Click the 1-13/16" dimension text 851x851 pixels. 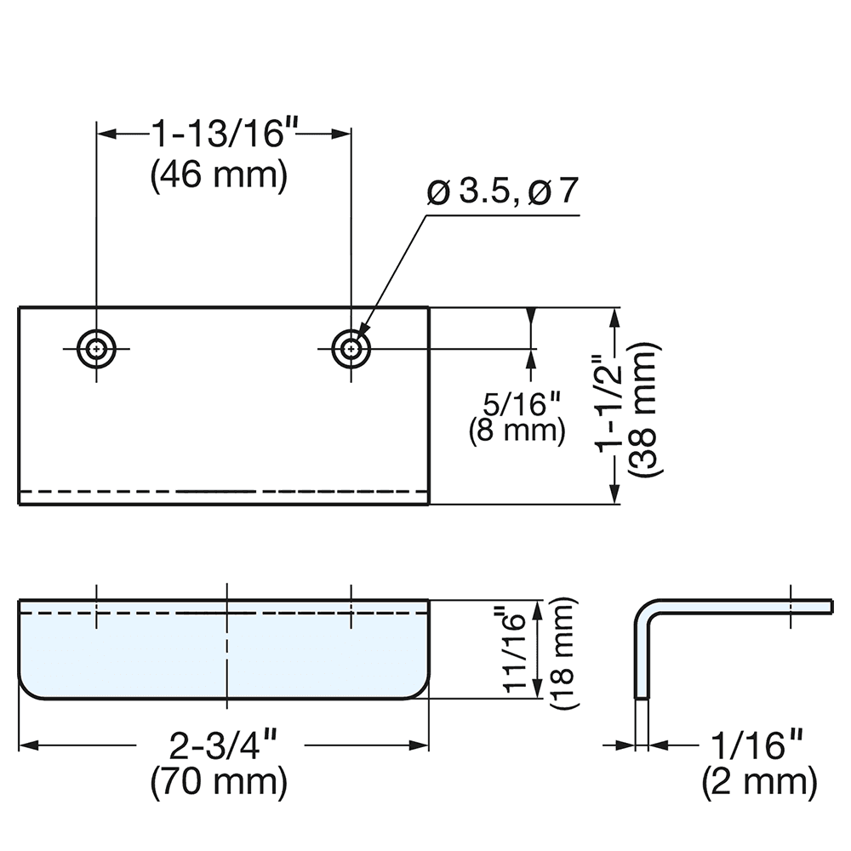click(x=224, y=134)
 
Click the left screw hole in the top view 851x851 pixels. click(x=97, y=348)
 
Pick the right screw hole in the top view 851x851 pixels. click(x=351, y=348)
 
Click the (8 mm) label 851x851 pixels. click(x=517, y=430)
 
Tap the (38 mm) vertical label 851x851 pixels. click(x=643, y=407)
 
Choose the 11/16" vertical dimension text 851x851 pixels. click(x=517, y=649)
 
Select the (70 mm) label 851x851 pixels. click(x=219, y=783)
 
